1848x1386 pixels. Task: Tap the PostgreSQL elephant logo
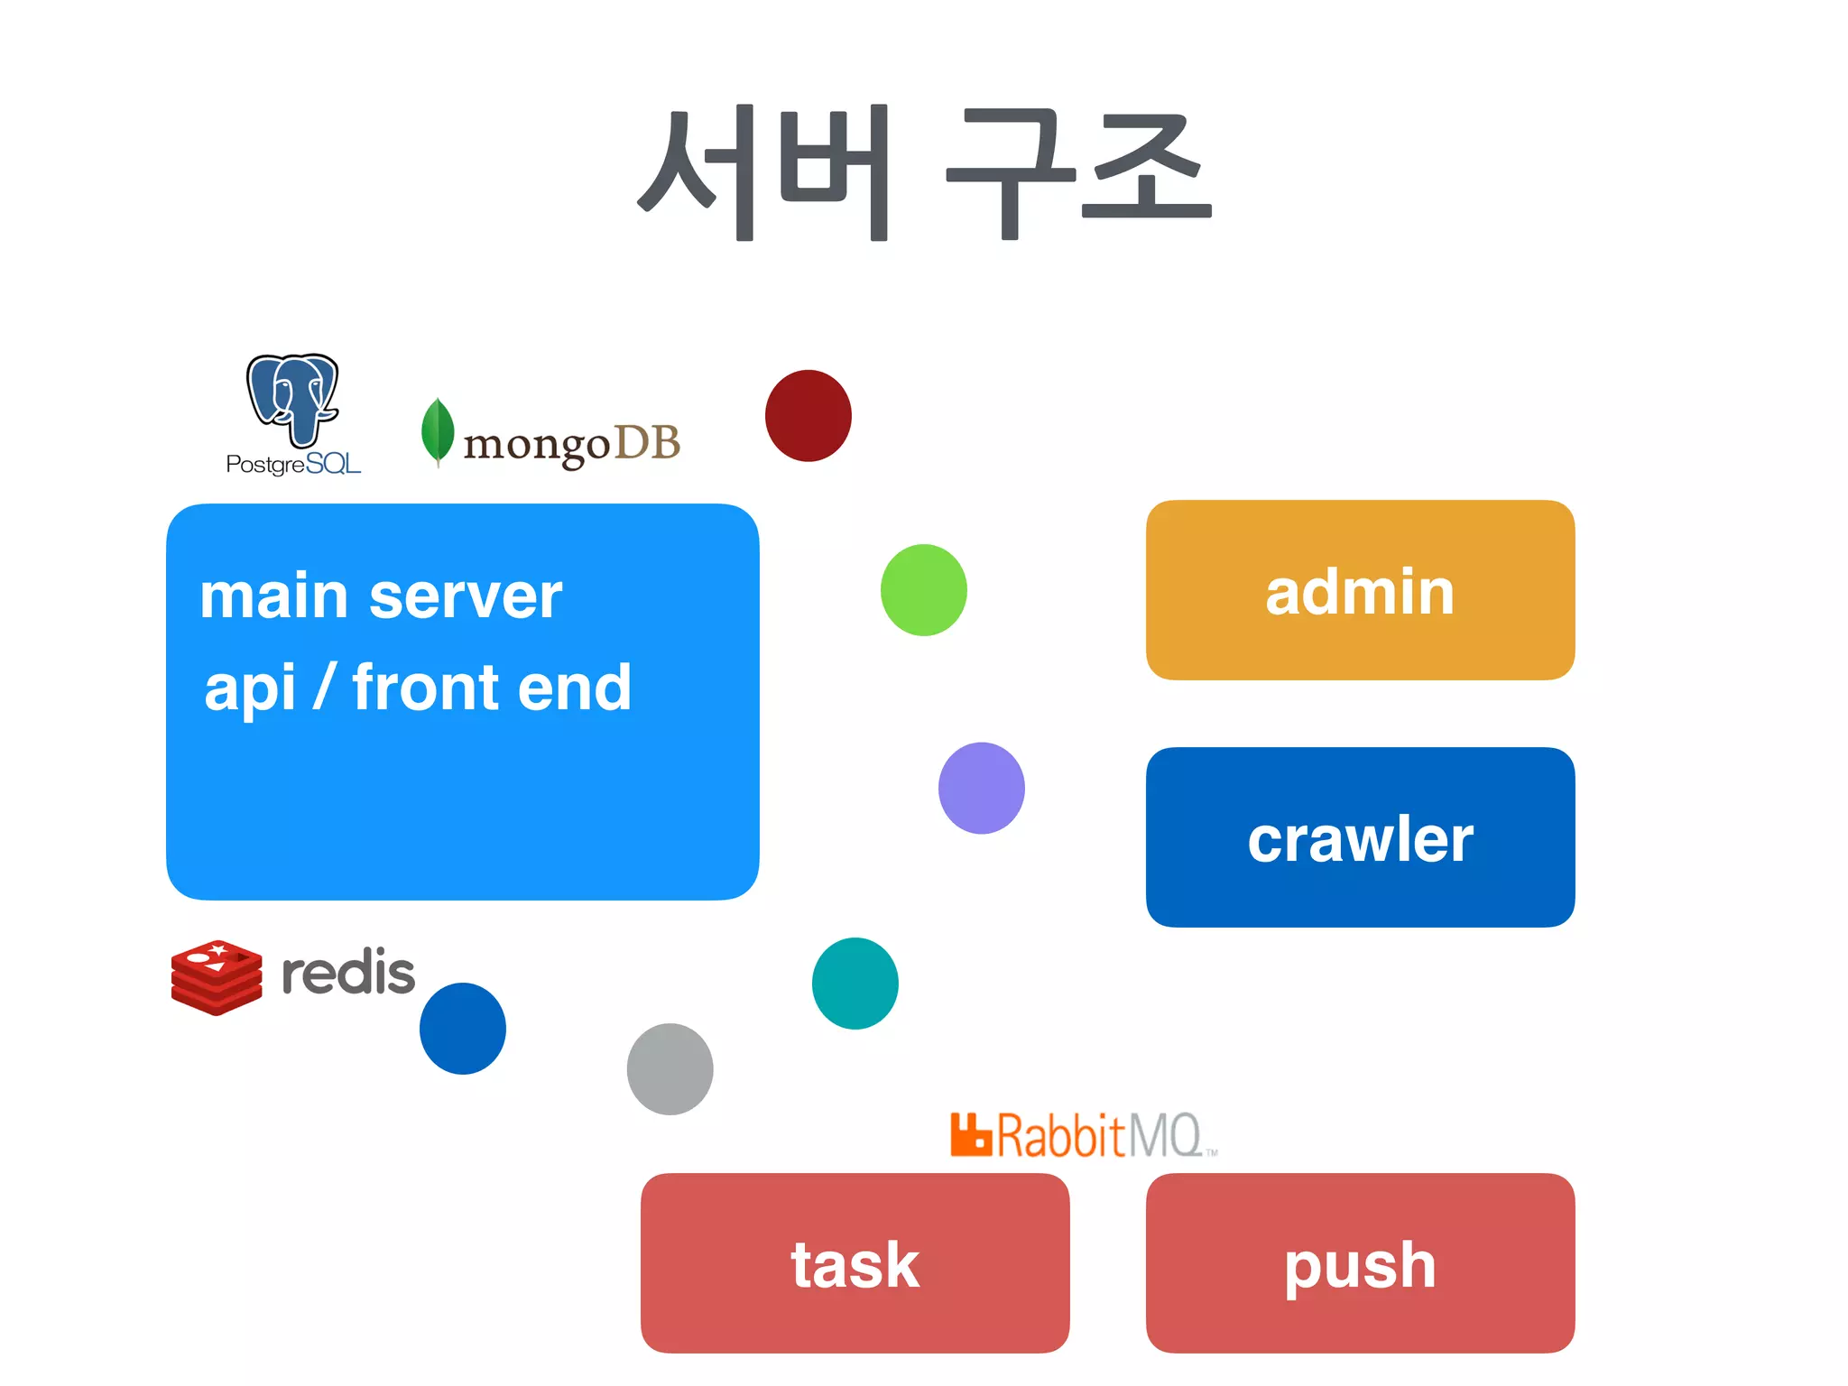292,400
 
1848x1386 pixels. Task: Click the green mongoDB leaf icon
438,432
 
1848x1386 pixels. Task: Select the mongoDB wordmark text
571,444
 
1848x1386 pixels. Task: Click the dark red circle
808,416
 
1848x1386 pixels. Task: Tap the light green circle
923,590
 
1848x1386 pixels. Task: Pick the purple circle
981,788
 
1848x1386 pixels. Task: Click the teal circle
855,983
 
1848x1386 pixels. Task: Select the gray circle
670,1069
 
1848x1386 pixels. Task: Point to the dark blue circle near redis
462,1029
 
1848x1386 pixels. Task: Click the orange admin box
1360,590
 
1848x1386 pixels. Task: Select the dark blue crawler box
1360,837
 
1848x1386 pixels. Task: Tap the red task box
855,1263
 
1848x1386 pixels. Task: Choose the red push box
1360,1263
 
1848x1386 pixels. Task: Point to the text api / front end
418,688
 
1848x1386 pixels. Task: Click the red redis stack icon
217,977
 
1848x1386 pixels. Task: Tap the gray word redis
348,973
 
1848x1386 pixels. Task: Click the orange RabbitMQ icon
971,1135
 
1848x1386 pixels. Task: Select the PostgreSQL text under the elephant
293,464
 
